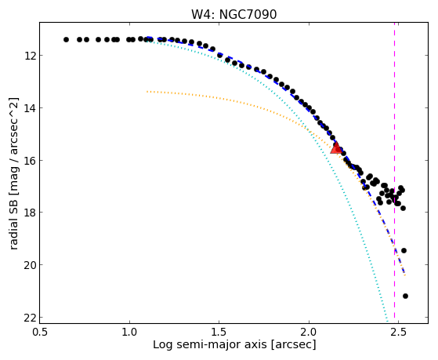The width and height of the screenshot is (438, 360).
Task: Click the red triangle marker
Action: tap(336, 147)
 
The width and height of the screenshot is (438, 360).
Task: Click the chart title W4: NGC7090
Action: tap(233, 15)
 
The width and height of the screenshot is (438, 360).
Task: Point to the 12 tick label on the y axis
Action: tap(30, 56)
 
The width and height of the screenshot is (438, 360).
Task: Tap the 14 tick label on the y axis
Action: tap(30, 108)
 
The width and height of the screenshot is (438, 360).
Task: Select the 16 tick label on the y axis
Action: tap(30, 160)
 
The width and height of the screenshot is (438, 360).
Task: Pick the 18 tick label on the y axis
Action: tap(30, 213)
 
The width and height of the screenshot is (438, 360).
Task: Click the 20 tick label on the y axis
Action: tap(30, 264)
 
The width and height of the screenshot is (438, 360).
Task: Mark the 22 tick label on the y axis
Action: tap(30, 317)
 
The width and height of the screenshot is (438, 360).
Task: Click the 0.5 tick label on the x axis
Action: tap(40, 332)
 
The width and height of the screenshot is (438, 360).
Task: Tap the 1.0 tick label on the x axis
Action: tap(129, 332)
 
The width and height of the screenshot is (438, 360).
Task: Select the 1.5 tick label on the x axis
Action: tap(219, 332)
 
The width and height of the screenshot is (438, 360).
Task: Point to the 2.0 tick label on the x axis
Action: tap(309, 332)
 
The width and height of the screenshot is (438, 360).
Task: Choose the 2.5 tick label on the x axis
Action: tap(399, 332)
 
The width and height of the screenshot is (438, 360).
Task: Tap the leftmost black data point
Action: tap(66, 39)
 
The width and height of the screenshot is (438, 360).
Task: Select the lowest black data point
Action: tap(405, 296)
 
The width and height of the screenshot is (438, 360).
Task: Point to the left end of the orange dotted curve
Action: tap(147, 92)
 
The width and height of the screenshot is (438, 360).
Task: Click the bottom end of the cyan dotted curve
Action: tap(387, 321)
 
